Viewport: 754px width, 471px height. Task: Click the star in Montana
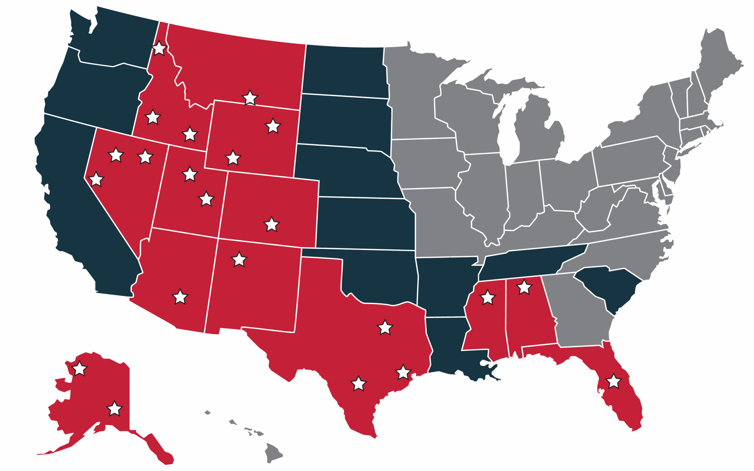[250, 98]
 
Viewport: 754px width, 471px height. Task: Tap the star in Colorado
[271, 224]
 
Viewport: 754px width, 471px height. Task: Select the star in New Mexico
[239, 259]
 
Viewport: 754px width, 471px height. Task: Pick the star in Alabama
[524, 287]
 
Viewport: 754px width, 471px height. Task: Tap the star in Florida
[614, 381]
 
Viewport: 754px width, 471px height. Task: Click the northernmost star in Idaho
[159, 48]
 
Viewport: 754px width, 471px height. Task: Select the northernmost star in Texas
[385, 327]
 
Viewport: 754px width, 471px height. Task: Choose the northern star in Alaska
[80, 369]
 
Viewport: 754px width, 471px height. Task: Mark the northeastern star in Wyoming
[273, 126]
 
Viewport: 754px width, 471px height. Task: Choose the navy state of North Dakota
[343, 72]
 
